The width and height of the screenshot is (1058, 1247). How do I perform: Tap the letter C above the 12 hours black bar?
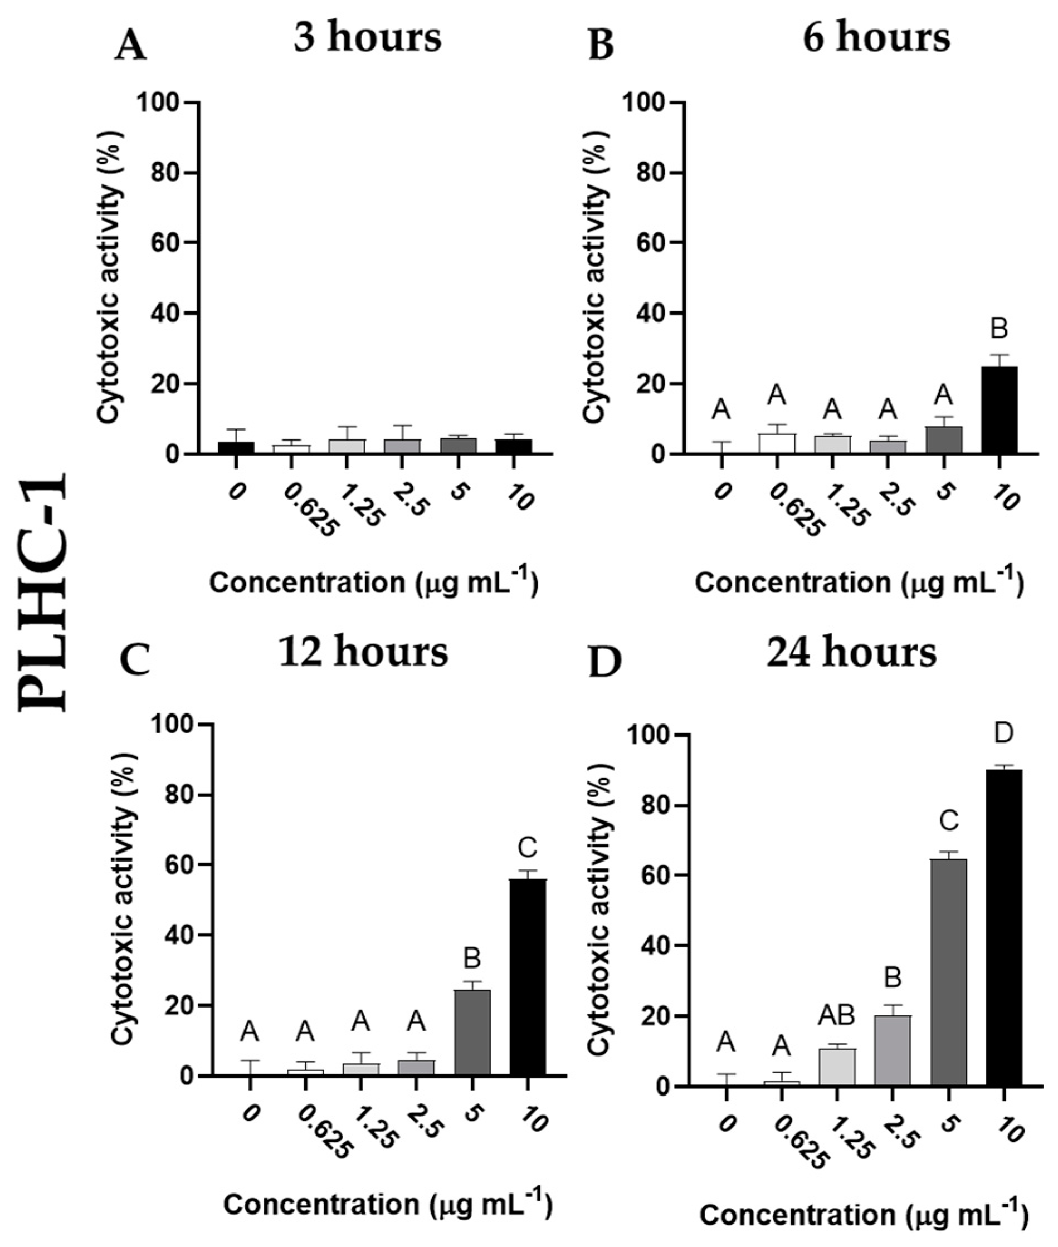coord(528,848)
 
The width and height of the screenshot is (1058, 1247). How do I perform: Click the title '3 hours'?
coord(368,37)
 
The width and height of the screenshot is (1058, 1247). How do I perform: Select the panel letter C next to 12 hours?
coord(136,661)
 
